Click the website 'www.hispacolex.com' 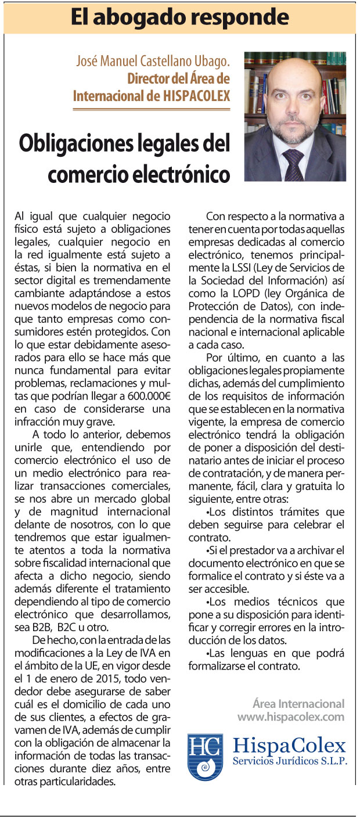(290, 717)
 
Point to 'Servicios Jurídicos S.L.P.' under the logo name (290, 761)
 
